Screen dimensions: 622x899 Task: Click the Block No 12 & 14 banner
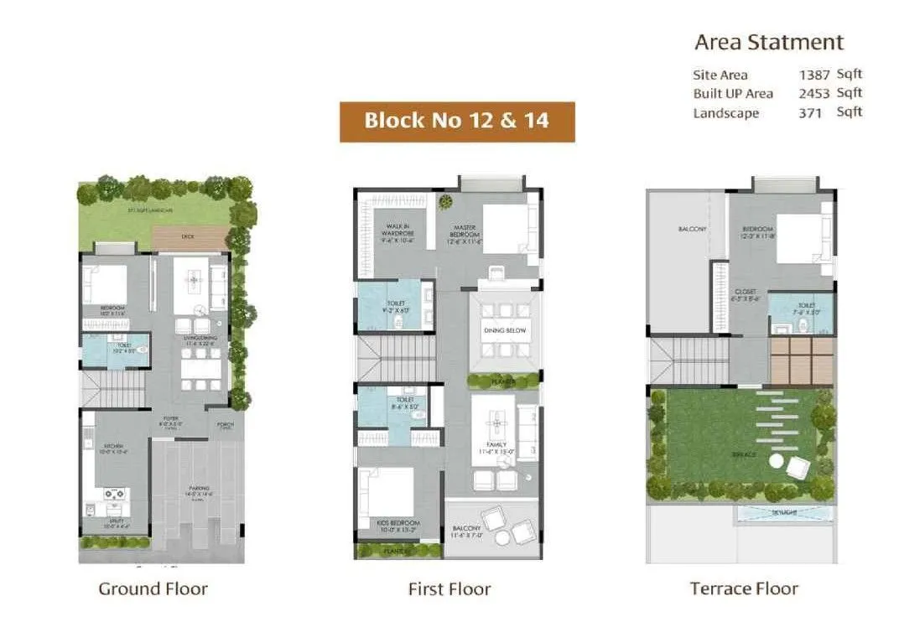click(x=457, y=121)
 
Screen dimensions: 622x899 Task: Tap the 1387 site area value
click(x=814, y=75)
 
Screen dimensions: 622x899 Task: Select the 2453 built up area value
click(x=814, y=94)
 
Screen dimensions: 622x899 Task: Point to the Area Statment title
click(x=769, y=42)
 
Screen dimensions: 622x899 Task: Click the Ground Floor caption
click(x=153, y=588)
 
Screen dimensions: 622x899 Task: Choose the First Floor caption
click(x=449, y=589)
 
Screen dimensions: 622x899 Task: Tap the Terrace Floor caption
click(x=744, y=589)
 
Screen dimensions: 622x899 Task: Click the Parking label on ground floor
click(x=199, y=489)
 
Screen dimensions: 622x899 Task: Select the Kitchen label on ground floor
click(x=114, y=446)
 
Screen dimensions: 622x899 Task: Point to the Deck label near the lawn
click(x=188, y=236)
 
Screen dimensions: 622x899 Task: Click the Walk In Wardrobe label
click(x=396, y=227)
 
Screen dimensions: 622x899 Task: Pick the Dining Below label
click(x=505, y=331)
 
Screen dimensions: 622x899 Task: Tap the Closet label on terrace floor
click(x=746, y=293)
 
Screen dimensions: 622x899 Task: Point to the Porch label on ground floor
click(x=227, y=425)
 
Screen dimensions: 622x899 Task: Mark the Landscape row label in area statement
click(x=725, y=113)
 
